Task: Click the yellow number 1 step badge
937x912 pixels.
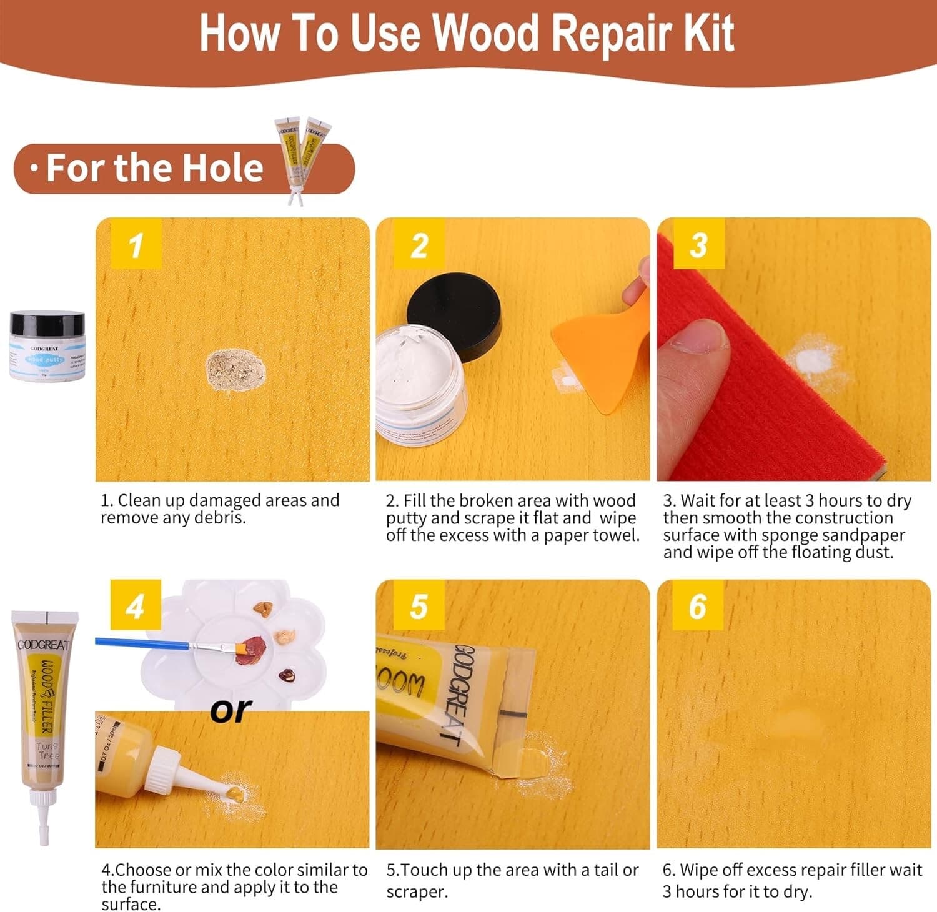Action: coord(136,244)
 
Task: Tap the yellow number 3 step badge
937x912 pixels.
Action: coord(698,244)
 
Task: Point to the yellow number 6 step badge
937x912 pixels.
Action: coord(698,606)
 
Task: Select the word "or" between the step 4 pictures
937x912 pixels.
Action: coord(231,711)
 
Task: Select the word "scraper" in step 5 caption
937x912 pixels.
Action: coord(417,892)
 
